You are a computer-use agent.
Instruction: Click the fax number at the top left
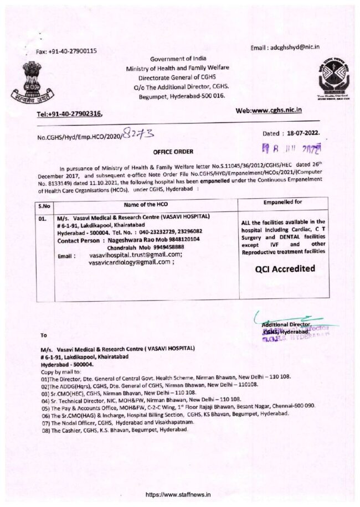66,51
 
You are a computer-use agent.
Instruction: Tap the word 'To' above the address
44,335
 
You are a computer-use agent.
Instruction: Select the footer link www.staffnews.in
180,494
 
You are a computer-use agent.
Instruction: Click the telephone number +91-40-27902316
69,113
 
